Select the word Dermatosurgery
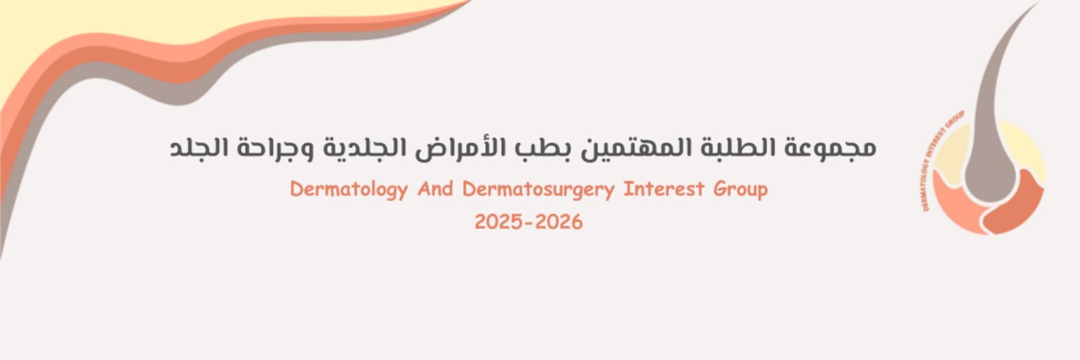click(539, 190)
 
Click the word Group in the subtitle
click(741, 190)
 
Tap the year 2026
click(559, 222)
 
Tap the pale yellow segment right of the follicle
click(1026, 151)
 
